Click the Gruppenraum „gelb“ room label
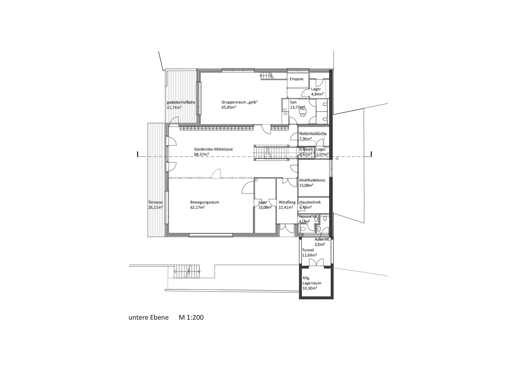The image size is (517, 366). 240,102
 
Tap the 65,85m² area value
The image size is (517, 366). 229,107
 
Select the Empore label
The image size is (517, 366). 297,79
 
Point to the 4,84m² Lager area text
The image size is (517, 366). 317,94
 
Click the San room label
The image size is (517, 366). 293,102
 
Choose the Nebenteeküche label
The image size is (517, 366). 313,134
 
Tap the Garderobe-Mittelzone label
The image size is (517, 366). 213,149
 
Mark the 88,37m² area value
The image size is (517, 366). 201,155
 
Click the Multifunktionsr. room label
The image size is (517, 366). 312,180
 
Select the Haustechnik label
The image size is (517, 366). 310,202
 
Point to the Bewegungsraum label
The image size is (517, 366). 205,202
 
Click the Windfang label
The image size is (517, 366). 287,202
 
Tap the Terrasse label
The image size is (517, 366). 155,202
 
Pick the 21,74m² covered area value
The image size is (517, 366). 174,107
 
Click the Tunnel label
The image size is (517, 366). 308,250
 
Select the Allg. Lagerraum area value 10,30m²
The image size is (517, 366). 310,288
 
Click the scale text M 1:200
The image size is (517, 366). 191,318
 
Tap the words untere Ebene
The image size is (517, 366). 149,318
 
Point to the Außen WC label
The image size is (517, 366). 322,239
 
